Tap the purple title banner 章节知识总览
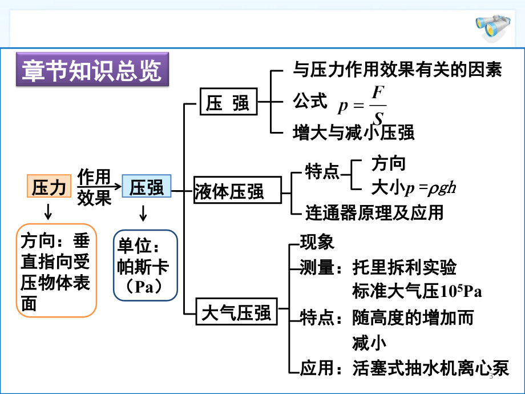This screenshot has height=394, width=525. [x=92, y=69]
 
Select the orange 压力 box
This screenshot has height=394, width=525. [x=49, y=186]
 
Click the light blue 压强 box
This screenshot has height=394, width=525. [x=146, y=186]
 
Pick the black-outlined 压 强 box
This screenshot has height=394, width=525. [x=229, y=102]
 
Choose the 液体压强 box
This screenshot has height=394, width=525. [x=237, y=190]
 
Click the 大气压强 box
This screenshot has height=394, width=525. [x=236, y=311]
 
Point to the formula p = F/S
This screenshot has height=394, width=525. [x=362, y=105]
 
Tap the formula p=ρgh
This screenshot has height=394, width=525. [x=430, y=188]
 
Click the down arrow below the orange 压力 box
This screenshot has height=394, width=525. [x=48, y=212]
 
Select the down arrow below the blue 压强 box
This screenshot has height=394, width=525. [x=143, y=213]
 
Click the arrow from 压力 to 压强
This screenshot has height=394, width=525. [x=99, y=186]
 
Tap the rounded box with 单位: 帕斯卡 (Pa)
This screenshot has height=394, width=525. [x=146, y=265]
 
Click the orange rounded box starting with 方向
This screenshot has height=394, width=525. [x=56, y=270]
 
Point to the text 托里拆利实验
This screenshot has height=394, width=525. [x=405, y=267]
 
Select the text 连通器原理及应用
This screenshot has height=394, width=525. [x=374, y=212]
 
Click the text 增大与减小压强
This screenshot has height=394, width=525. [x=354, y=132]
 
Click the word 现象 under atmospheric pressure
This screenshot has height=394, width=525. [x=317, y=242]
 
